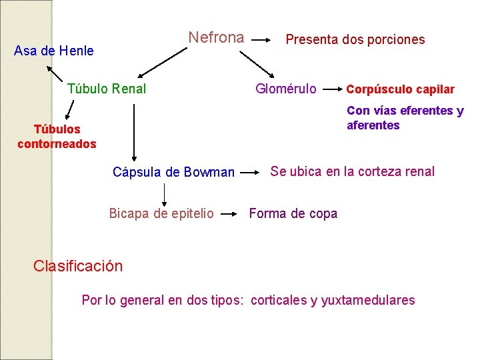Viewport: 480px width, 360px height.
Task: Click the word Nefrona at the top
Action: pos(216,37)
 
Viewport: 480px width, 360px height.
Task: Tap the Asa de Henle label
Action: pos(54,51)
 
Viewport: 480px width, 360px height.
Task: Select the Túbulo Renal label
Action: pos(107,89)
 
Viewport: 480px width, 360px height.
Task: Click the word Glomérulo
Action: pos(286,89)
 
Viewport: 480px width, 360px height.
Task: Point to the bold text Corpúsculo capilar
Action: pos(401,89)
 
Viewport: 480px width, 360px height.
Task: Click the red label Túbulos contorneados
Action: pos(57,137)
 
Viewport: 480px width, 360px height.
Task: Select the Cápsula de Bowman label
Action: pos(173,173)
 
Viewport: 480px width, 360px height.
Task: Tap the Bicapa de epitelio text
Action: pos(161,213)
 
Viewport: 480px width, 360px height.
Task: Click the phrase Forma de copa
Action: pos(293,213)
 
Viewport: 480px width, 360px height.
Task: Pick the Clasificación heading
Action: pos(78,266)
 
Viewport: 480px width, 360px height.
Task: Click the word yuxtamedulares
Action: pos(368,300)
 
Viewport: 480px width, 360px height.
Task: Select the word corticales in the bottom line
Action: pos(279,300)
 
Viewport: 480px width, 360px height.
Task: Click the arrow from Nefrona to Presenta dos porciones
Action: pos(263,39)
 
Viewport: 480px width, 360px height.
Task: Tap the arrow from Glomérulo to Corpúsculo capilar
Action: pos(332,89)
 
